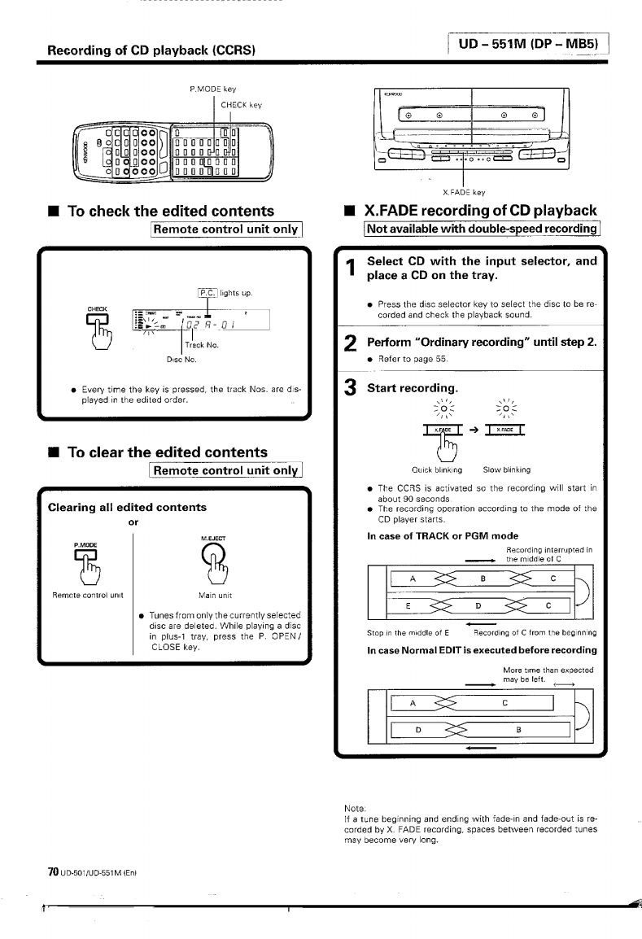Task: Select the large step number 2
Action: (x=350, y=345)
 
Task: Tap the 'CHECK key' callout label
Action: (x=242, y=104)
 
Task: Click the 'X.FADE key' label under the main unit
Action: (x=464, y=193)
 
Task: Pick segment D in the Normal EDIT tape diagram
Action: (x=417, y=728)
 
